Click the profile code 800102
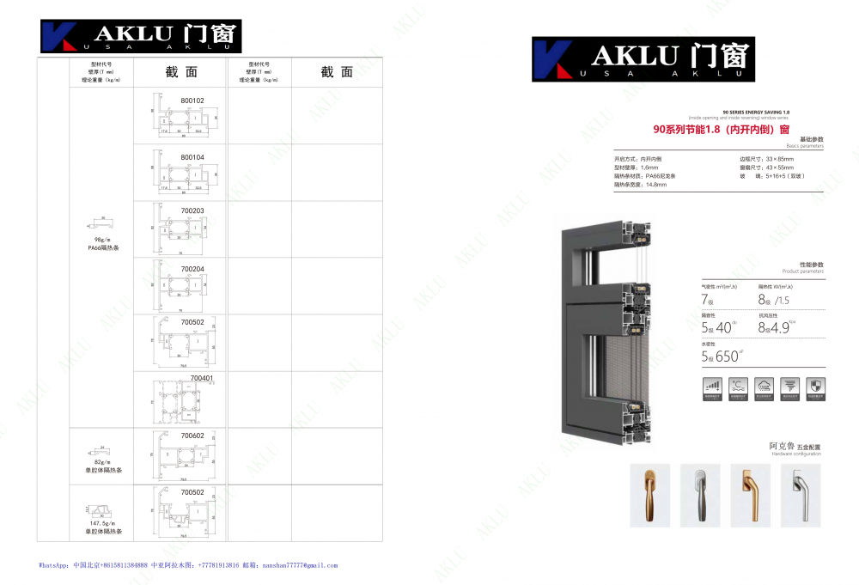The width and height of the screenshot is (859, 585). [x=192, y=101]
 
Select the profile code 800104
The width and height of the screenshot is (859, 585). [x=192, y=157]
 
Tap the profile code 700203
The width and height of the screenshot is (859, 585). [x=192, y=210]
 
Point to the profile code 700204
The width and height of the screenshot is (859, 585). [x=192, y=269]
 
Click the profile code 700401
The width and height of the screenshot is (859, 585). [x=202, y=378]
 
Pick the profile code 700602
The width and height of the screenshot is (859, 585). [x=192, y=436]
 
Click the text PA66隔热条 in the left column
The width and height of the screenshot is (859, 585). [x=104, y=247]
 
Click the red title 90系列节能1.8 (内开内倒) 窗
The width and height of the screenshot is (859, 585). [x=721, y=130]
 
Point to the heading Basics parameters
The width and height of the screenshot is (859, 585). [x=807, y=147]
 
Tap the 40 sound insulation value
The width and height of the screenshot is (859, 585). [x=723, y=327]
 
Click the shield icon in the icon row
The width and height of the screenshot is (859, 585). [x=819, y=387]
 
